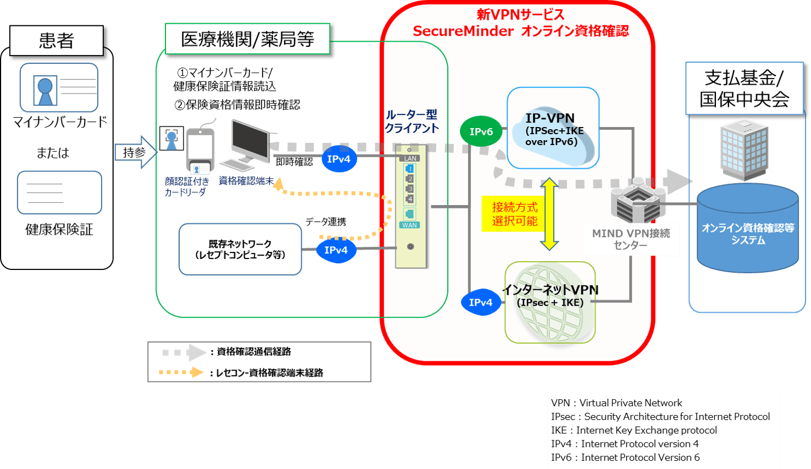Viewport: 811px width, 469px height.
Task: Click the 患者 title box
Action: click(x=56, y=41)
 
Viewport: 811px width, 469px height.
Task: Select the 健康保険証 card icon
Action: click(x=59, y=192)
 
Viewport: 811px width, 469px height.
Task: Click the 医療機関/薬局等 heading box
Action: click(x=247, y=39)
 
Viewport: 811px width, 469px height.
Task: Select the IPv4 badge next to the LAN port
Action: click(x=338, y=159)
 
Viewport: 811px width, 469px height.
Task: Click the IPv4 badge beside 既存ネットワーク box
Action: click(x=336, y=250)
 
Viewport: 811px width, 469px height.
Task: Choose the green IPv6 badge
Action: click(x=481, y=132)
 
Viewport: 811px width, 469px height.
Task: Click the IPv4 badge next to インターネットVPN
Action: click(x=480, y=302)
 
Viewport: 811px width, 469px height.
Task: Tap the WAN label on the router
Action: click(x=409, y=225)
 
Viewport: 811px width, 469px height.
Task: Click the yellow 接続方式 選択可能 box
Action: click(x=514, y=214)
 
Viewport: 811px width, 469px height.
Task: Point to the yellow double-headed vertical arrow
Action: click(x=549, y=214)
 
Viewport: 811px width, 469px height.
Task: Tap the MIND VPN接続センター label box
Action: click(x=631, y=239)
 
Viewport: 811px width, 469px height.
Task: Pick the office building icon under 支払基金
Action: click(x=743, y=148)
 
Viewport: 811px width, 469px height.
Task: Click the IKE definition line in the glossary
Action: click(x=634, y=430)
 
